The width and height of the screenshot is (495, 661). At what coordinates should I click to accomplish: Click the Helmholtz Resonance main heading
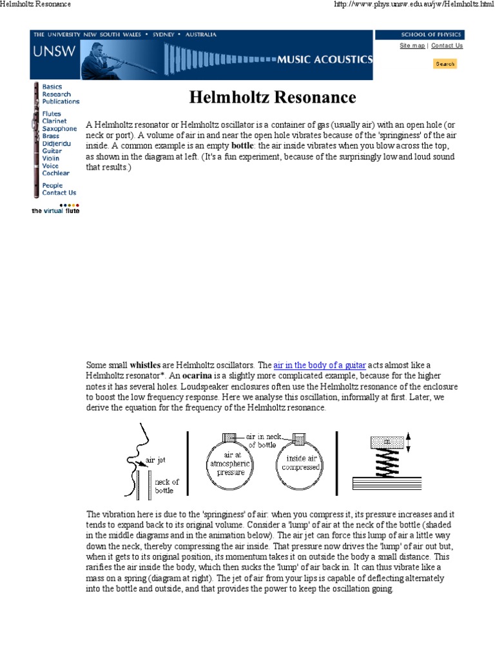[x=272, y=97]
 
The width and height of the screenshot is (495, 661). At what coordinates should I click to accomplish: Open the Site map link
[x=412, y=46]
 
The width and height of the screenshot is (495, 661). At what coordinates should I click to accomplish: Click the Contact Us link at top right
[x=447, y=46]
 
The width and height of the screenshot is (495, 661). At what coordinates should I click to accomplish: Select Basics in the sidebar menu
[x=52, y=86]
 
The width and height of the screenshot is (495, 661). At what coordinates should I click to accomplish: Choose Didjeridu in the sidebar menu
[x=55, y=143]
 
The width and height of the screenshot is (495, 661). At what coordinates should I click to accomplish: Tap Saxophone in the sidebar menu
[x=59, y=129]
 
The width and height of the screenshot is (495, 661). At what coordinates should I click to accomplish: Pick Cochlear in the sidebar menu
[x=56, y=173]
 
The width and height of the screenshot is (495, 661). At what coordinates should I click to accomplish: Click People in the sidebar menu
[x=52, y=185]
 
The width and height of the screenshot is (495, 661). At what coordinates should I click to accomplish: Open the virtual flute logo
[x=56, y=210]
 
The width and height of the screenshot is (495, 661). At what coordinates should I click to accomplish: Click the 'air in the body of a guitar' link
[x=320, y=365]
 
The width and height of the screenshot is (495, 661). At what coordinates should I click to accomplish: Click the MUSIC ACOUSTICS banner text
[x=325, y=59]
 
